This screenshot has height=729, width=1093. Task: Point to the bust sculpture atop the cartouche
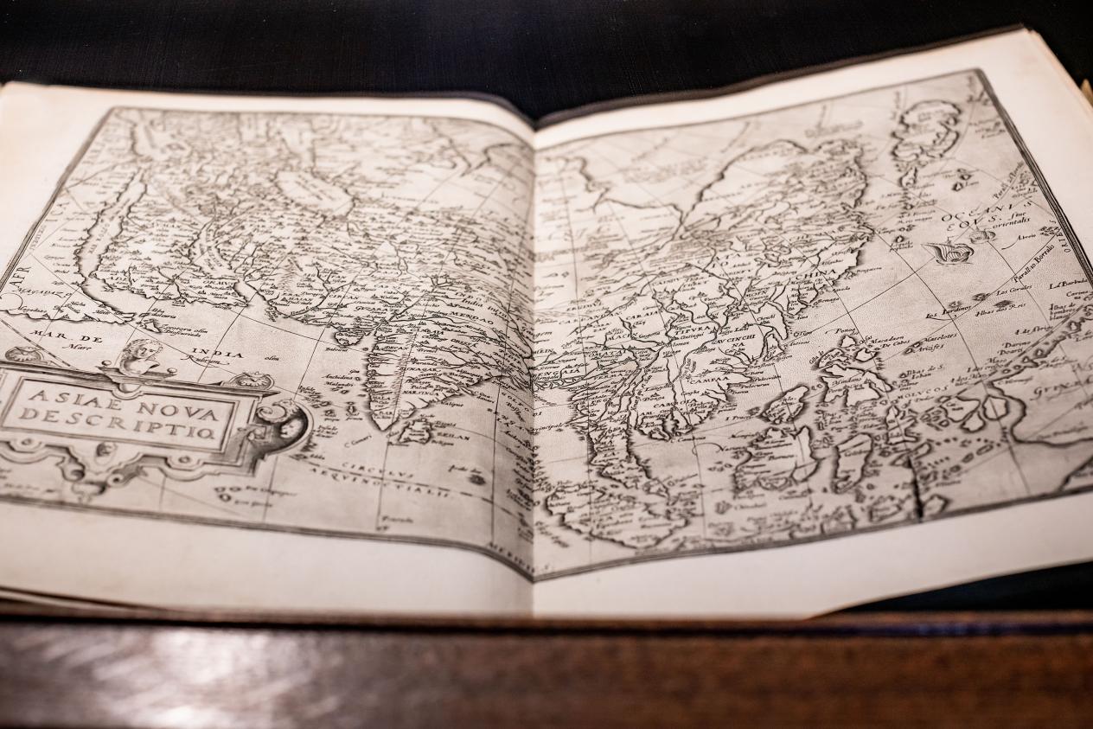click(x=141, y=355)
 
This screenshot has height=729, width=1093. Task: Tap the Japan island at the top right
click(x=925, y=138)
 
